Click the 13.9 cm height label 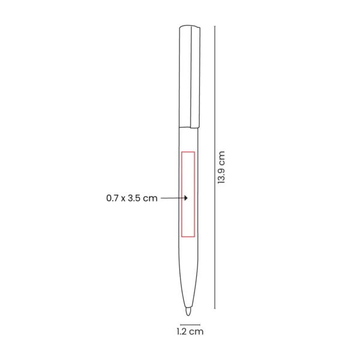(221, 167)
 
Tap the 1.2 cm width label (190, 332)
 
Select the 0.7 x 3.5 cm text (132, 198)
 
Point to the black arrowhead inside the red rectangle (186, 198)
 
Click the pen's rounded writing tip (188, 311)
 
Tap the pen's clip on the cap (195, 77)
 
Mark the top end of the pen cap (190, 26)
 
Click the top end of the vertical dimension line (215, 26)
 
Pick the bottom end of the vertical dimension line (215, 309)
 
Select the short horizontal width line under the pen (190, 325)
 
